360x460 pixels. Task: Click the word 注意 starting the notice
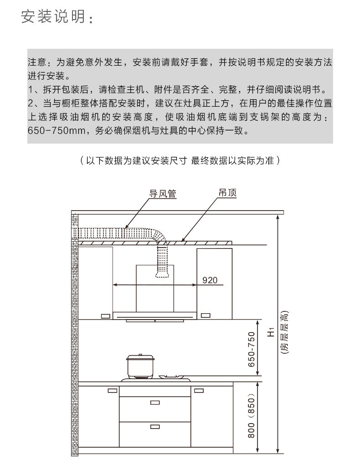click(x=36, y=62)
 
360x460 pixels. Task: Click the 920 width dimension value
click(x=210, y=279)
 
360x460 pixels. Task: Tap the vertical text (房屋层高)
click(x=284, y=335)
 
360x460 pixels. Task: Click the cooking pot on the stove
click(x=140, y=367)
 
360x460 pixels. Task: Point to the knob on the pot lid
click(x=140, y=356)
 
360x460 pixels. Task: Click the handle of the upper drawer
click(x=155, y=402)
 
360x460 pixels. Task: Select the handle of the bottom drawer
click(x=155, y=427)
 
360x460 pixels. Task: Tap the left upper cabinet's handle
click(x=105, y=315)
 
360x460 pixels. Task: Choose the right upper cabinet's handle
click(x=205, y=315)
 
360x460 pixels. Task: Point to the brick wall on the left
click(x=74, y=319)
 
